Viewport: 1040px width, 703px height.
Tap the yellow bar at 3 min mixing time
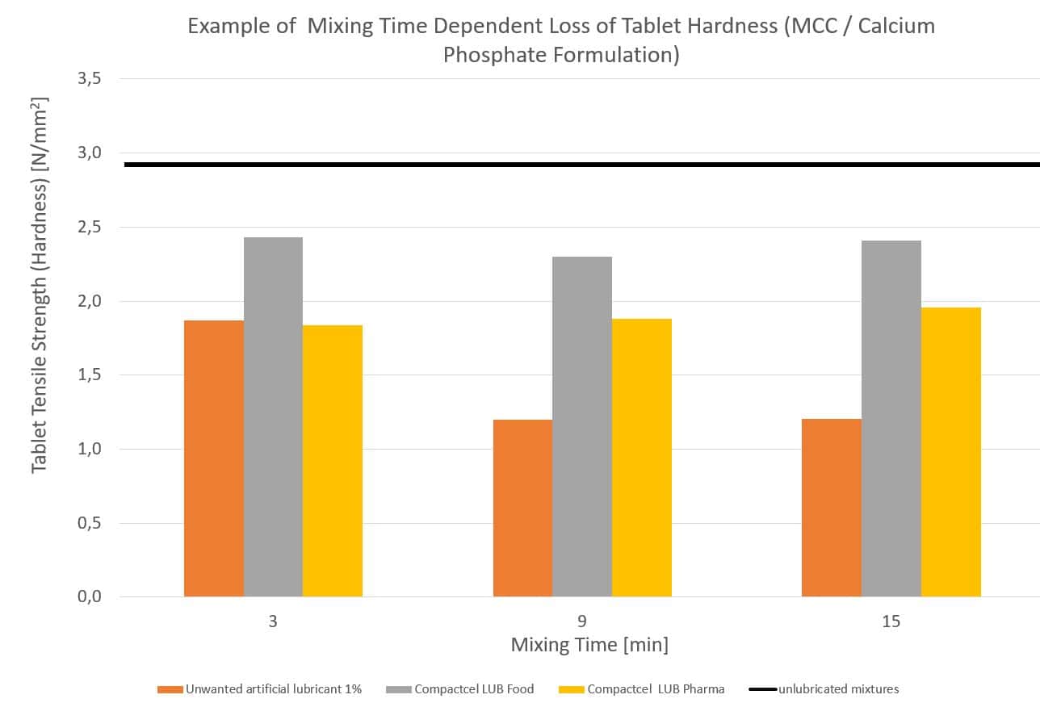pos(333,461)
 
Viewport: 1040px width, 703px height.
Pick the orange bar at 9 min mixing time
pos(522,508)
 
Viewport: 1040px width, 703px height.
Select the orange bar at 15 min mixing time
pos(832,508)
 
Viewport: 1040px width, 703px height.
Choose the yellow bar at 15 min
pos(951,452)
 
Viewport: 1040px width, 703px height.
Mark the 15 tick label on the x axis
pos(891,621)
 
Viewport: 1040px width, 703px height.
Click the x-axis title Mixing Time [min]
pos(589,645)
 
